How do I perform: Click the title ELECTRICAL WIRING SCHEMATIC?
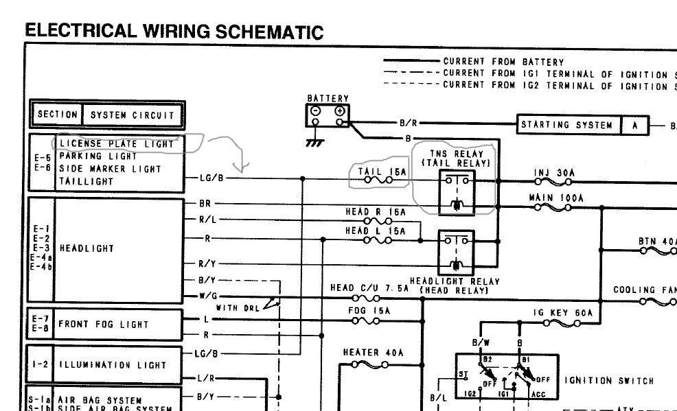pos(174,31)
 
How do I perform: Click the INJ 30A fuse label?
pos(554,173)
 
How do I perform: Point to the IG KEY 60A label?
pos(562,313)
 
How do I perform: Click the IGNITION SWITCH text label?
pos(609,381)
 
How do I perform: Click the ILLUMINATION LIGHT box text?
pos(113,365)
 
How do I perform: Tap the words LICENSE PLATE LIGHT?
pos(117,144)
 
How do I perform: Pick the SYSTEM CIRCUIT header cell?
pos(133,115)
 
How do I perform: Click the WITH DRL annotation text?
pos(237,308)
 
